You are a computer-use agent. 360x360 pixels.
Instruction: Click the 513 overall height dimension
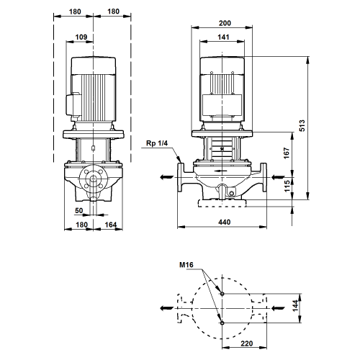tap(302, 125)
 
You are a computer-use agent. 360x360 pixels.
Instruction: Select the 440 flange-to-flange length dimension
tap(224, 222)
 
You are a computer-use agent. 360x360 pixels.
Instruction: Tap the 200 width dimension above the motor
tap(225, 23)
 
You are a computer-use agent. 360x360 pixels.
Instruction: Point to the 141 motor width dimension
tap(223, 37)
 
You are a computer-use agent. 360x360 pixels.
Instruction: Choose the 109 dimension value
tap(81, 37)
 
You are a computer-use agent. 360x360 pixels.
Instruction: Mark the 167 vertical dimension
tap(287, 153)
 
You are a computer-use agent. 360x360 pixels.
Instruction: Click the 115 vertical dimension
tap(287, 186)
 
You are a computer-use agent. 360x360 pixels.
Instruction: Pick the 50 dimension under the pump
tap(79, 211)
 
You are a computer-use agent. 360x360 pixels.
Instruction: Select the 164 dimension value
tap(111, 225)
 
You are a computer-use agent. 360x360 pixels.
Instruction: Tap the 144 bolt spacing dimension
tap(295, 306)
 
